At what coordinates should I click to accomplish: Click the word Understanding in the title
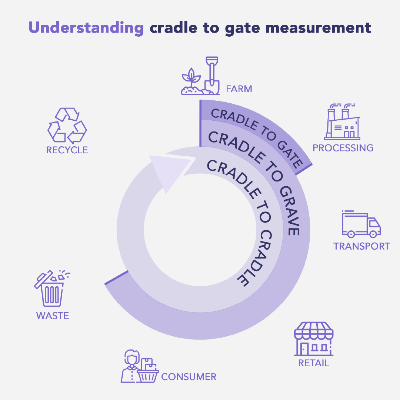click(86, 29)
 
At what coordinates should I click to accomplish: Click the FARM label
click(239, 89)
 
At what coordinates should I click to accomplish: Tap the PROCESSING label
click(343, 148)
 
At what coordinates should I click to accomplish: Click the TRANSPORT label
click(361, 246)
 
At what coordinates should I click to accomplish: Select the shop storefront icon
click(313, 339)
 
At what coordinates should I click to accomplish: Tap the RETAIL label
click(314, 363)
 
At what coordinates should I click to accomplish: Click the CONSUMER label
click(189, 377)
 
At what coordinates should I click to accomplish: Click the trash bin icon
click(52, 289)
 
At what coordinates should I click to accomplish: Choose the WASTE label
click(52, 316)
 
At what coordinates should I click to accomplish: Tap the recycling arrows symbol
click(67, 125)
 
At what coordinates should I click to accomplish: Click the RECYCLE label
click(67, 150)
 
